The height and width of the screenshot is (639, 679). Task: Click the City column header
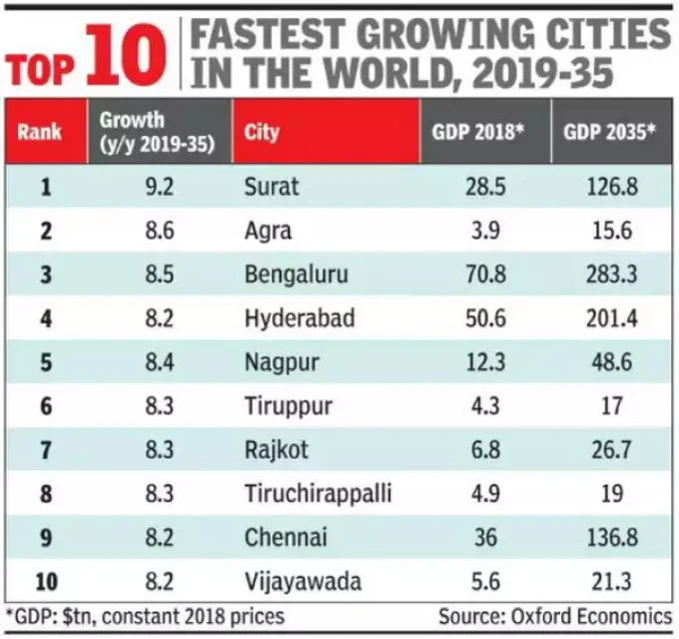pos(263,132)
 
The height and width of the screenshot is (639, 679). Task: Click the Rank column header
pos(40,132)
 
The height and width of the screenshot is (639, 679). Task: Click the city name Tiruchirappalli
pos(317,493)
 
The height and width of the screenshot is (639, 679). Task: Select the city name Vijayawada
pos(302,581)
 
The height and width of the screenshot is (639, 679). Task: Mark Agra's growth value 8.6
pos(159,231)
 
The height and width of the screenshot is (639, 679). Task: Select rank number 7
pos(44,449)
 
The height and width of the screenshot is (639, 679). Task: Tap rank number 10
pos(44,581)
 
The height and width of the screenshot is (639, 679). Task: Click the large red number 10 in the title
pos(128,56)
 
